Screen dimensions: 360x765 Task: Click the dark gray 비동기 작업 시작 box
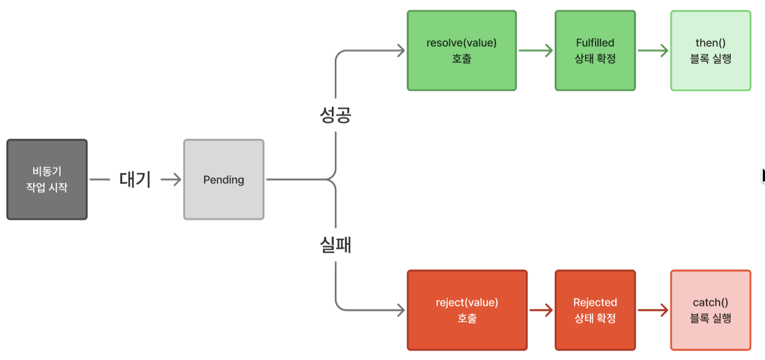click(47, 179)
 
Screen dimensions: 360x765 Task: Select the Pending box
click(223, 179)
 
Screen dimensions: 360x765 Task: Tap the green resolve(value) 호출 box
click(461, 51)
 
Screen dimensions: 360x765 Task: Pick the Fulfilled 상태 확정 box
click(595, 51)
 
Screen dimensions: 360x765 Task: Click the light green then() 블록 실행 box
click(710, 51)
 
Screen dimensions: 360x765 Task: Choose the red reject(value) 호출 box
click(467, 310)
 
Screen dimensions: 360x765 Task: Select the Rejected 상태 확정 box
click(595, 310)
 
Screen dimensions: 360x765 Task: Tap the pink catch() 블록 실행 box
click(710, 310)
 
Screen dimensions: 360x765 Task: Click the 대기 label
click(135, 179)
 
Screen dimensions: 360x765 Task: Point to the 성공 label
click(335, 115)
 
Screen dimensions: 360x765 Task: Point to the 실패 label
click(335, 245)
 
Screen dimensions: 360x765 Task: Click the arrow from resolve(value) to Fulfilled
click(535, 51)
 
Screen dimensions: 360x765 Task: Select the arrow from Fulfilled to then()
click(652, 51)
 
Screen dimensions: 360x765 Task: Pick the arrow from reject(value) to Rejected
click(541, 310)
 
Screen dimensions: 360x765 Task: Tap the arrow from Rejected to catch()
click(652, 310)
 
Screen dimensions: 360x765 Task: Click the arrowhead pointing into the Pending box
click(177, 179)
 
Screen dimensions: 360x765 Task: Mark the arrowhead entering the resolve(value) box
click(400, 51)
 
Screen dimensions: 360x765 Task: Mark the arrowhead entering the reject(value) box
click(400, 310)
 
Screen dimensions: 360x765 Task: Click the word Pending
click(223, 180)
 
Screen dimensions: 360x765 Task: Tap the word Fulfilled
click(595, 43)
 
